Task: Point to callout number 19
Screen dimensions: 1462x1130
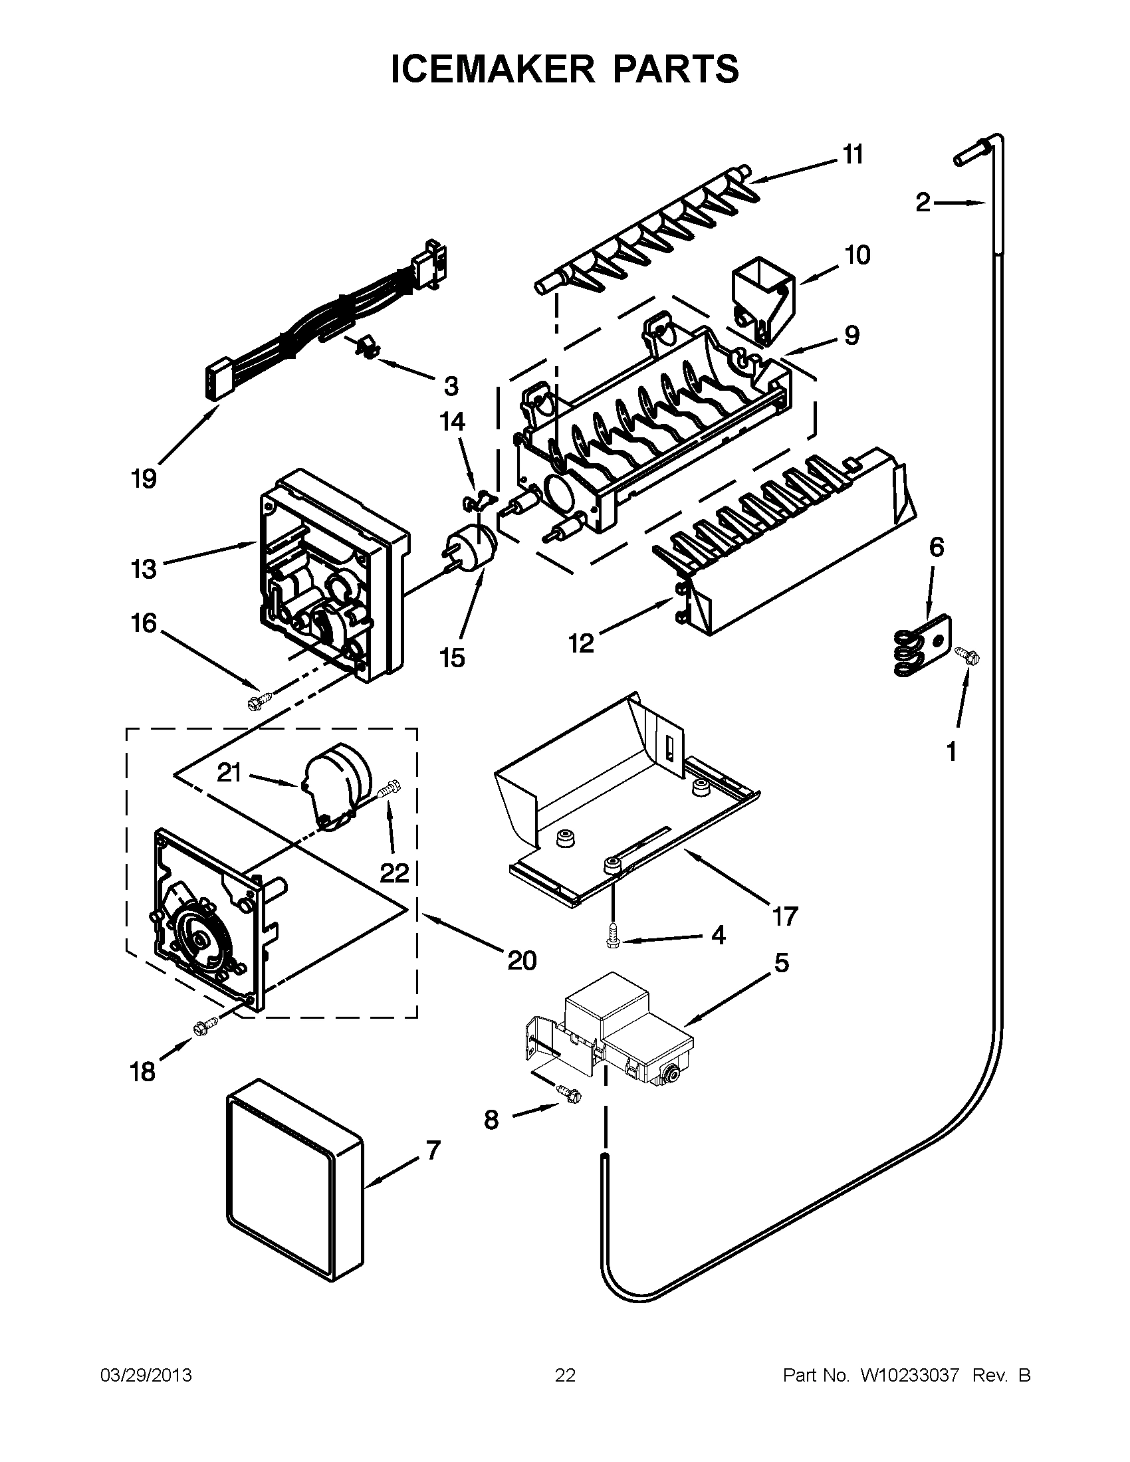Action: tap(144, 479)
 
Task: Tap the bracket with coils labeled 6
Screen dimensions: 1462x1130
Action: tap(924, 645)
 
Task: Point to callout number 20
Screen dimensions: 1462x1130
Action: tap(522, 961)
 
